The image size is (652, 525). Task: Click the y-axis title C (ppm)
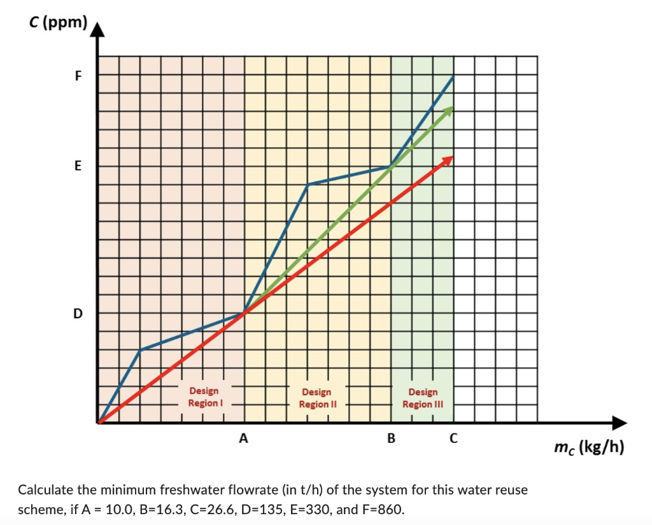pos(57,23)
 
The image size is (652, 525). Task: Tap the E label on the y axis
pos(78,167)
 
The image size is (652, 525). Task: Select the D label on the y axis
pos(78,313)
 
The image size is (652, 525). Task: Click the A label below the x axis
pos(243,438)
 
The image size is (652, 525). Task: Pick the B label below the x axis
pos(391,438)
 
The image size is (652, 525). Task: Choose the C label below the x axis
pos(453,438)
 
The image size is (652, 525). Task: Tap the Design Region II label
pos(316,398)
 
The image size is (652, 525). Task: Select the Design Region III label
pos(423,398)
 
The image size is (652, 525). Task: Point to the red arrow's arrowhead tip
pos(453,157)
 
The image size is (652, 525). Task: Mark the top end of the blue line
pos(453,76)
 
